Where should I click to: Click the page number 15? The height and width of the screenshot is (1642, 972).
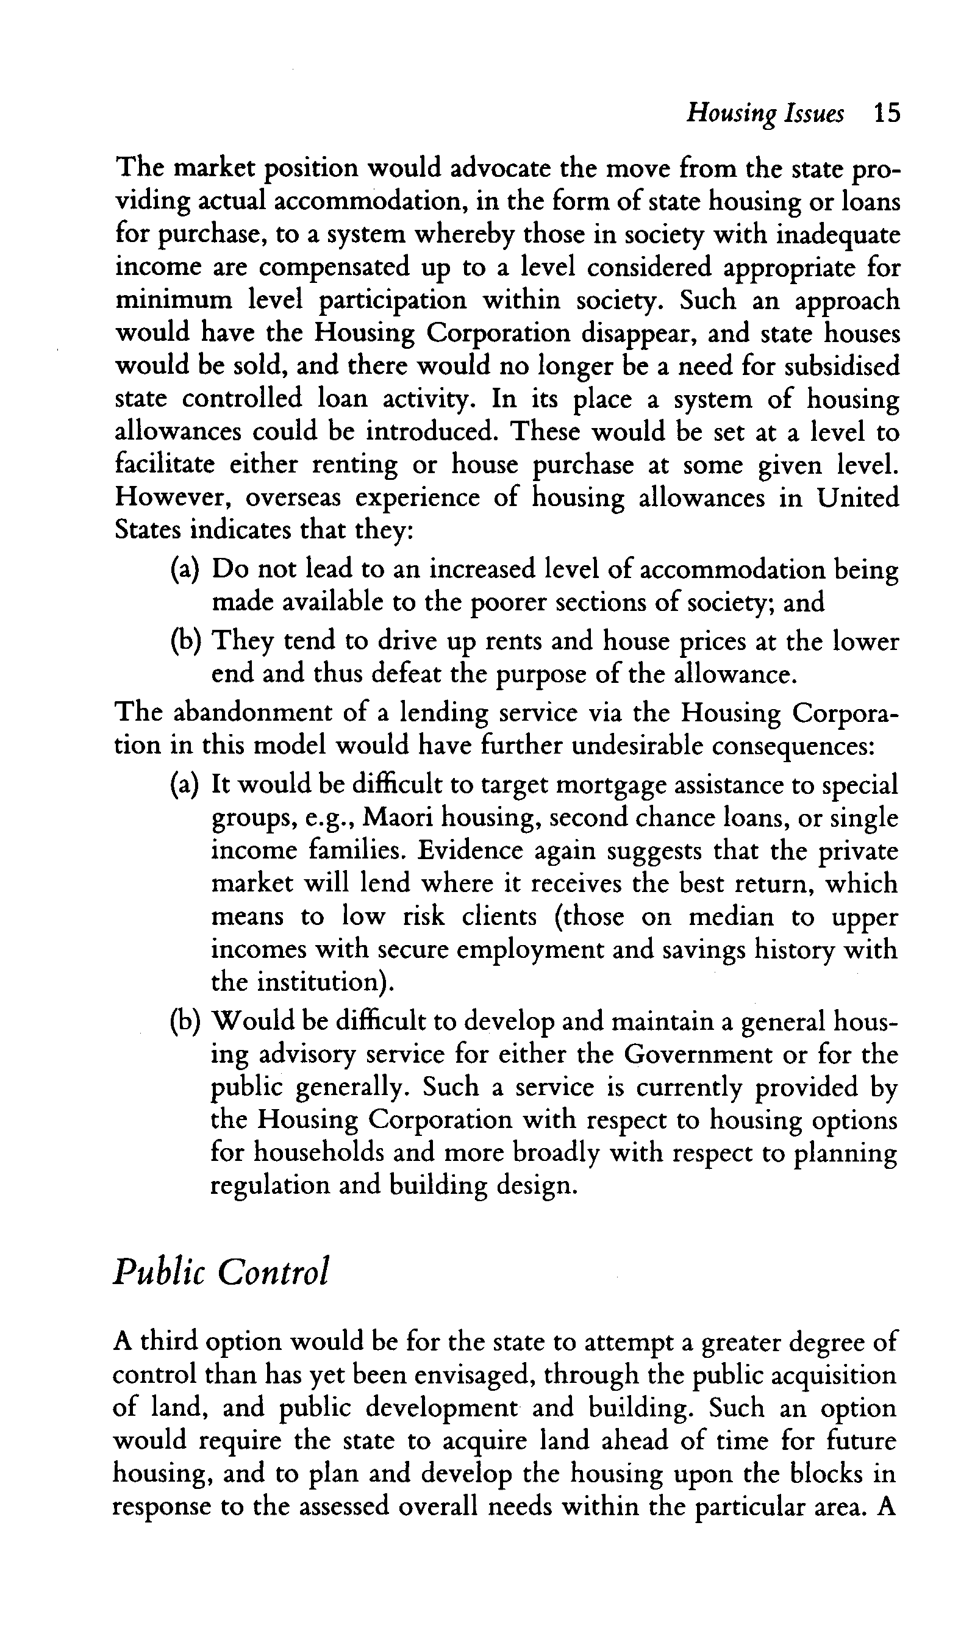pos(887,115)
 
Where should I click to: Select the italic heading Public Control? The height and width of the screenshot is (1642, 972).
pos(220,1272)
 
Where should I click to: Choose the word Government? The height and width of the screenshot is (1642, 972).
pos(714,1055)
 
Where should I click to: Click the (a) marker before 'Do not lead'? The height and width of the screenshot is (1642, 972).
pos(184,569)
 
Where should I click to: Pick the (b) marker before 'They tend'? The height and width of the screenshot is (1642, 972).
pos(184,641)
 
